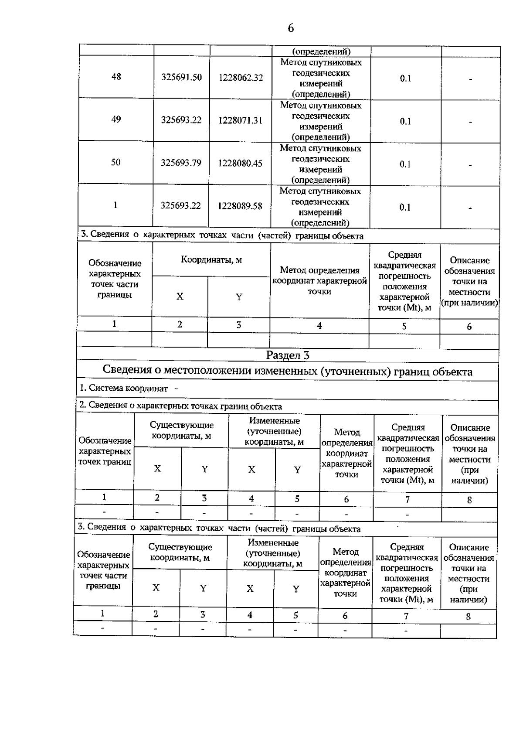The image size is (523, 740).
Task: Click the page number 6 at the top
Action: click(x=291, y=28)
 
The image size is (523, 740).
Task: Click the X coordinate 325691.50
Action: click(x=181, y=77)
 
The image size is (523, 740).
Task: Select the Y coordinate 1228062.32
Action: click(x=241, y=78)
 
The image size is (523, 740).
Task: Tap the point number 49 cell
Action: click(x=116, y=119)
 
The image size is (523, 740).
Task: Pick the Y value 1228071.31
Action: click(x=241, y=120)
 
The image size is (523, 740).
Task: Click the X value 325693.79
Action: click(x=181, y=163)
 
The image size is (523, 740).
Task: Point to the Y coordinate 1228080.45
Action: click(x=240, y=163)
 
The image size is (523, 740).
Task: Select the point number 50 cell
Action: click(x=115, y=162)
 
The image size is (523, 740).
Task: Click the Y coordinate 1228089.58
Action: click(x=240, y=206)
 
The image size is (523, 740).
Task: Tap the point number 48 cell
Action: click(x=116, y=77)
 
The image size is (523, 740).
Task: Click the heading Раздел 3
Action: click(x=288, y=355)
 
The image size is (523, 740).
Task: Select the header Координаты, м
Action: click(x=211, y=260)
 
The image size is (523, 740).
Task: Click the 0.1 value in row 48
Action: click(x=405, y=78)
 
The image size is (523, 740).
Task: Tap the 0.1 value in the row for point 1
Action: click(x=405, y=208)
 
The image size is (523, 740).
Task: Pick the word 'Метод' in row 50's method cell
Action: click(x=293, y=148)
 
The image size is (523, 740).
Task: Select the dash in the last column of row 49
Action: click(x=471, y=123)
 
